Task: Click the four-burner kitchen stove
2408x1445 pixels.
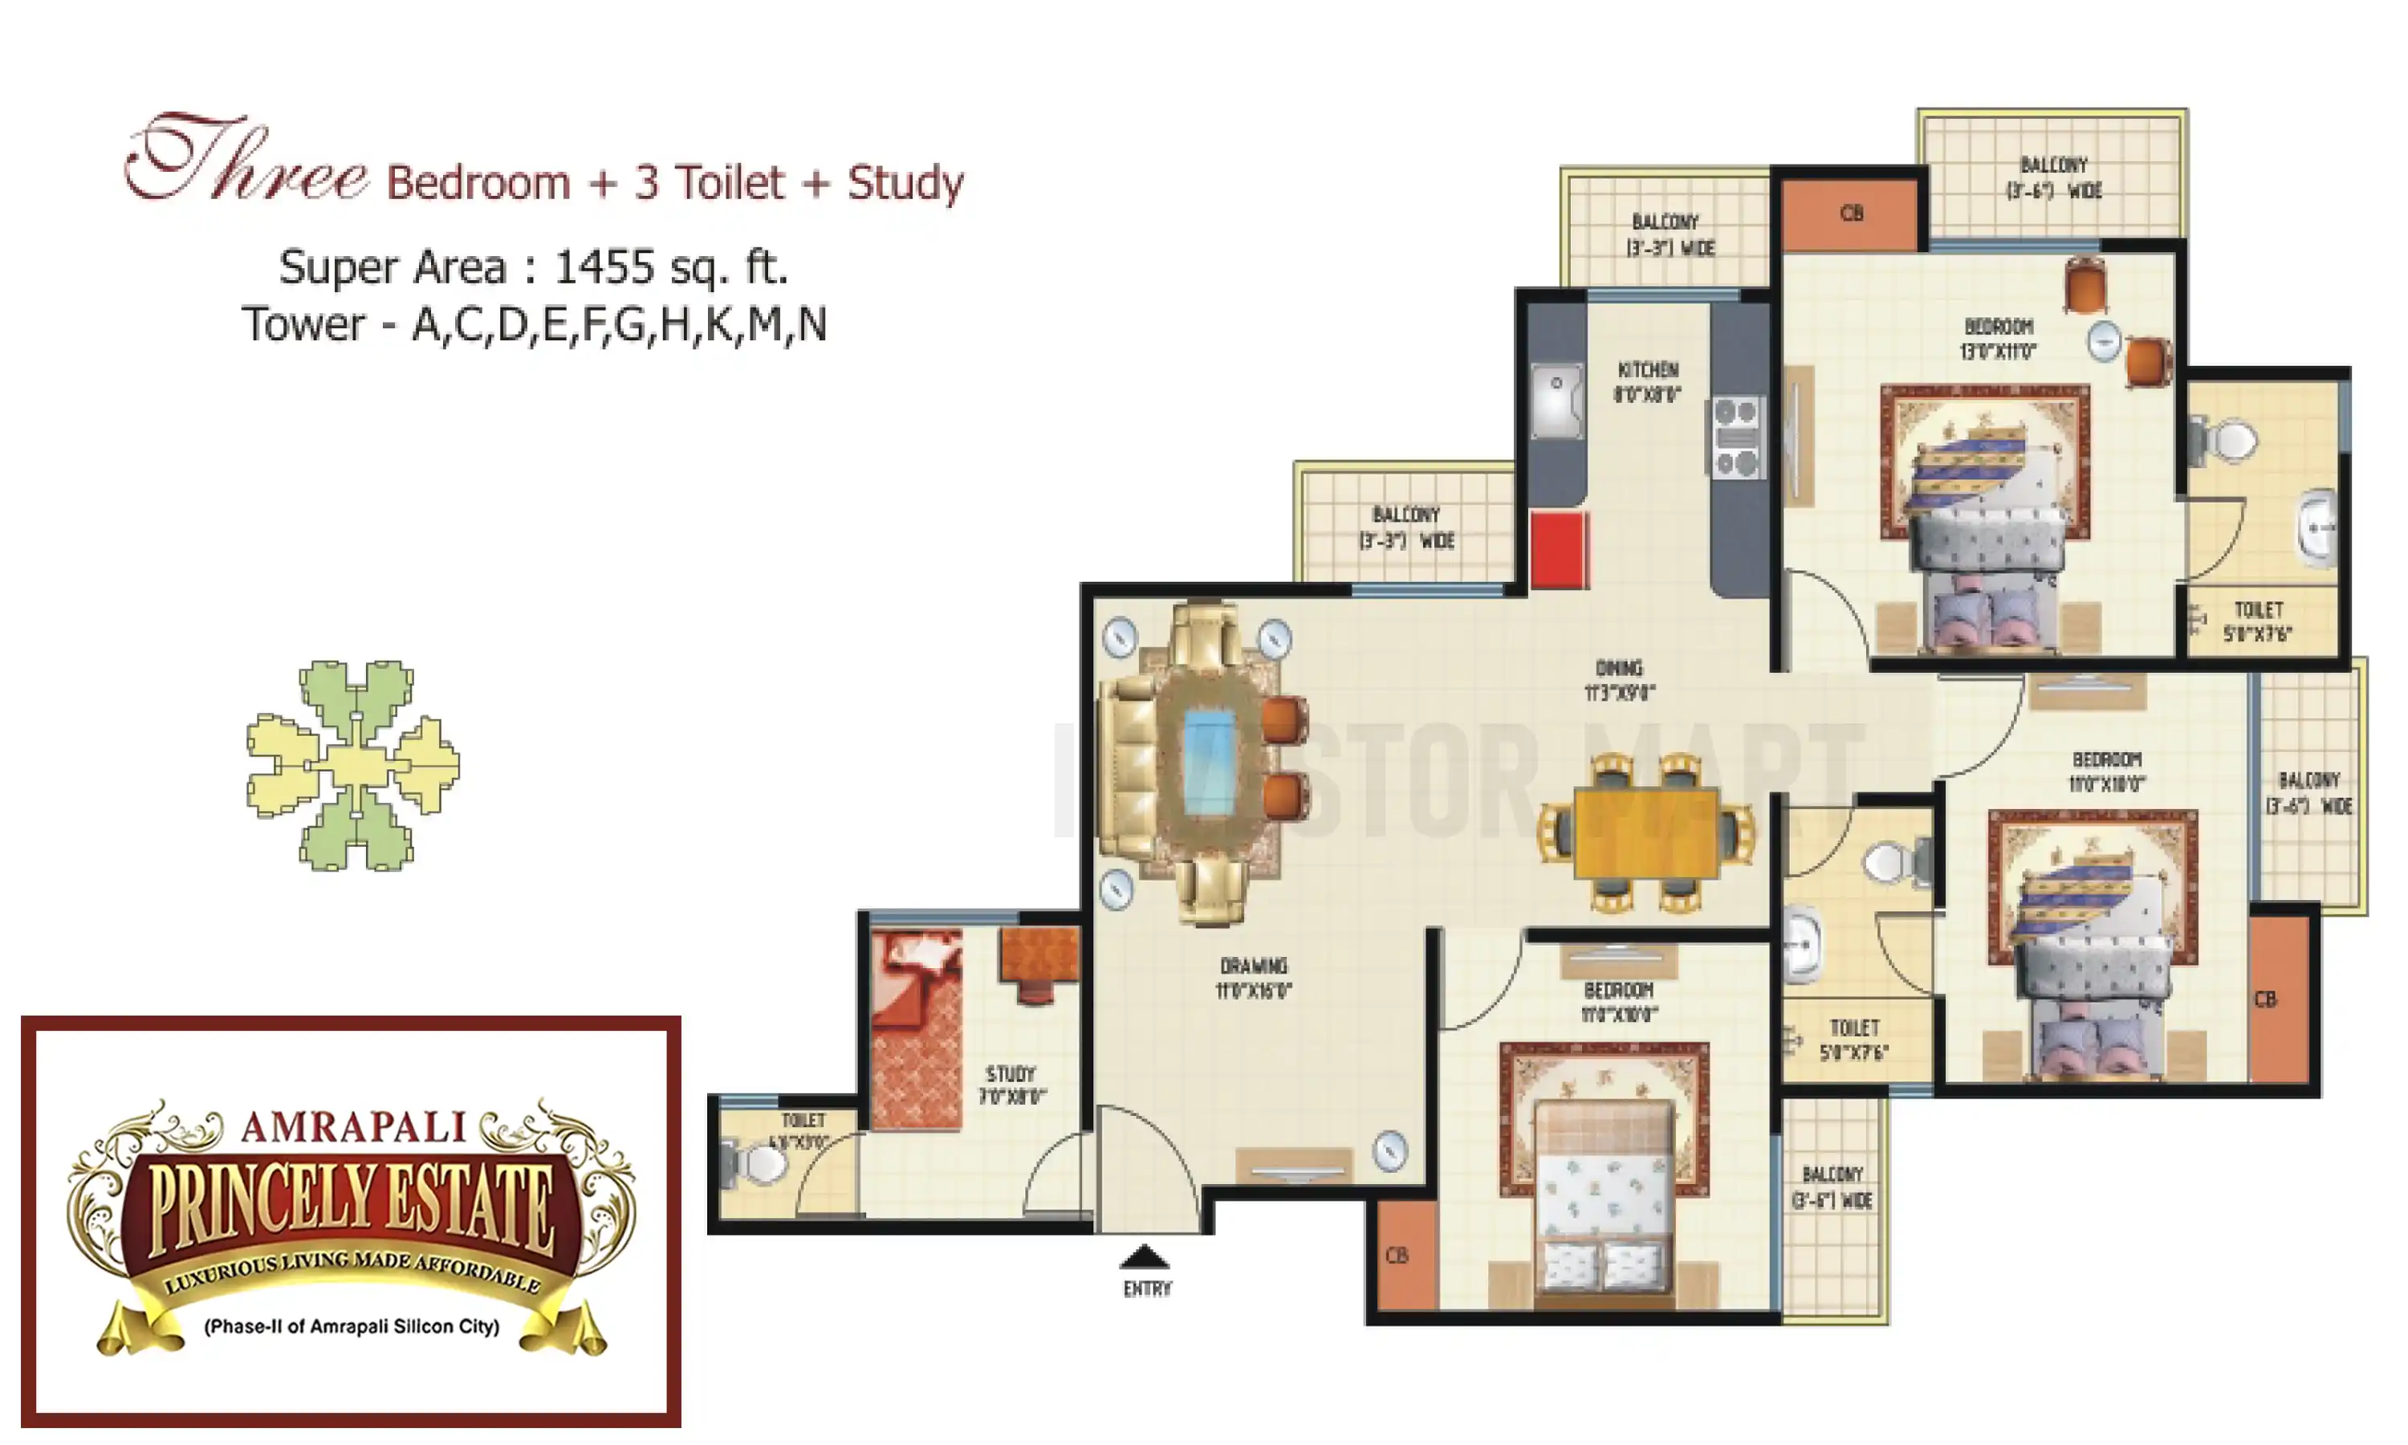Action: coord(1736,438)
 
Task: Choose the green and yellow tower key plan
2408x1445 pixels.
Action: coord(352,765)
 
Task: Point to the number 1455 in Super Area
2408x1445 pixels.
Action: coord(604,267)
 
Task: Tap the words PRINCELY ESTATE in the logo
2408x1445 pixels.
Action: coord(352,1207)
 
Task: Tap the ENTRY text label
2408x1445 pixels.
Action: coord(1148,1289)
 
